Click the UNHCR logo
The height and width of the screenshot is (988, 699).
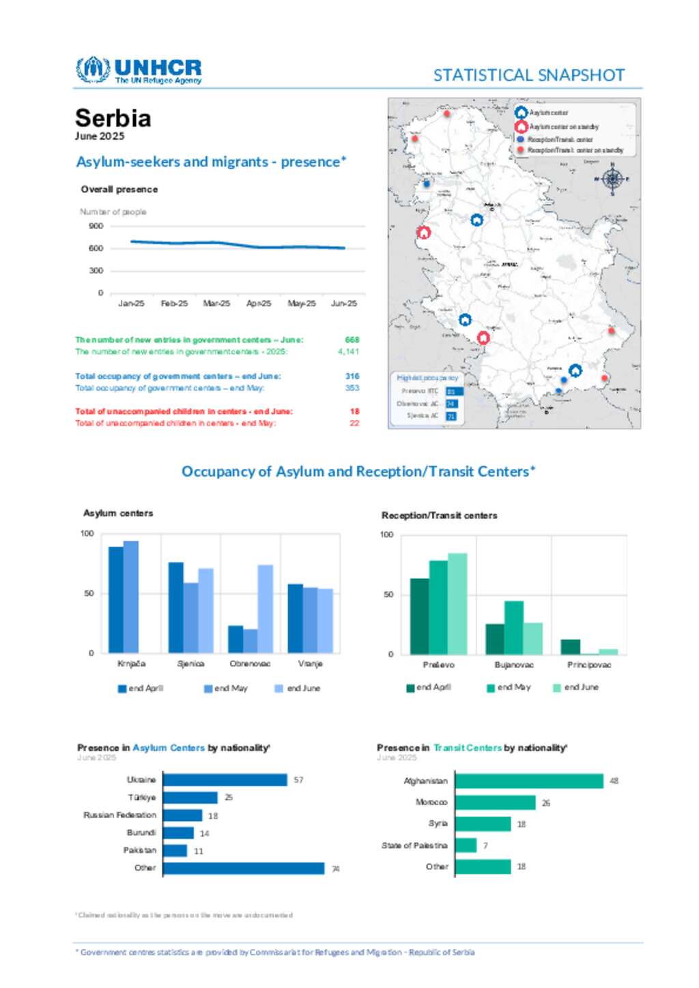139,70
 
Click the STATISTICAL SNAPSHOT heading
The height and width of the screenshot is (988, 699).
529,75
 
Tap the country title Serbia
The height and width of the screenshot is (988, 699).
113,118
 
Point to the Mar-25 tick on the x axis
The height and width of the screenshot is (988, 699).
216,303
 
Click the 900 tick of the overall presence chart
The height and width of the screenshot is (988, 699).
96,226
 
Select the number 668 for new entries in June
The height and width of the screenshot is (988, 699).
352,340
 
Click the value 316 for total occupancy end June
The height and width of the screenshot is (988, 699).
352,376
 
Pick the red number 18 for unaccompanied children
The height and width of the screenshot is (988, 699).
354,412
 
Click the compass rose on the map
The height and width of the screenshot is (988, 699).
612,179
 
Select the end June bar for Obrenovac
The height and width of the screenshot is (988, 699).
265,608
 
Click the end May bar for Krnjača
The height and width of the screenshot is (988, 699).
130,597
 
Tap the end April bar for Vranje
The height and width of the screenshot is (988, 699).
295,618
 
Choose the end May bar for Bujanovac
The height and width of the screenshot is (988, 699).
514,627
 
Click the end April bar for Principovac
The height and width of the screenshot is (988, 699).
571,647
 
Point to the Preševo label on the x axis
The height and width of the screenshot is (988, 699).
438,665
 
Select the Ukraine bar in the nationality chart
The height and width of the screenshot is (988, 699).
225,780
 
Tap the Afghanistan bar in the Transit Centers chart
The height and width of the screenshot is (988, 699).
529,781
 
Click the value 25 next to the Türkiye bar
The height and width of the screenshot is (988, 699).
229,798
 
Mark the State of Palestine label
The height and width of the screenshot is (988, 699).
414,845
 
